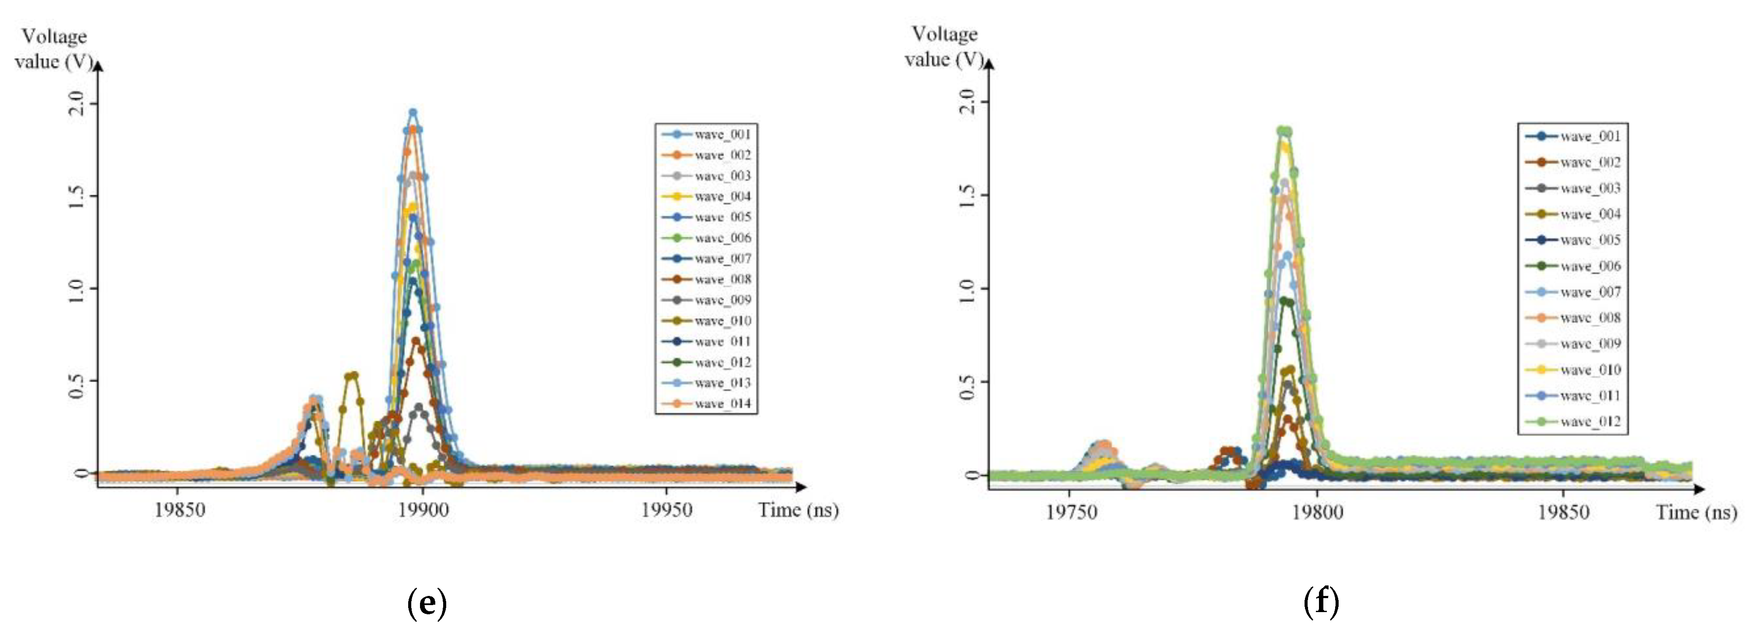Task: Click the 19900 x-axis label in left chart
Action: click(x=423, y=510)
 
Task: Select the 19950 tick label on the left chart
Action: click(x=667, y=510)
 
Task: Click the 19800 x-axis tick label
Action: click(x=1317, y=512)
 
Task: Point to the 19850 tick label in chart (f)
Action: click(x=1563, y=512)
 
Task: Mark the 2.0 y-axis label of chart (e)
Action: click(x=78, y=104)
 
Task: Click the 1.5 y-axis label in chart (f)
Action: click(x=969, y=195)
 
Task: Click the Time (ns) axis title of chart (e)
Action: click(x=798, y=510)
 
